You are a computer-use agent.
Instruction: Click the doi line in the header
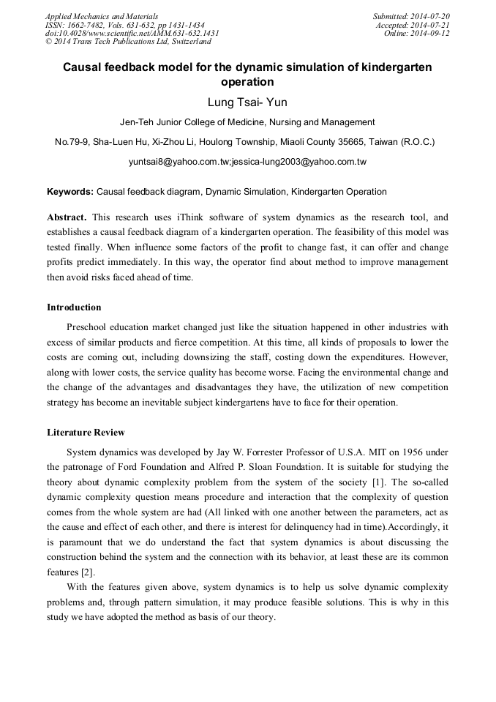tap(132, 34)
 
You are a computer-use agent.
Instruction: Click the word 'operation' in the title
tap(247, 82)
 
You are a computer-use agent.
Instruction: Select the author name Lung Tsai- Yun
tap(247, 102)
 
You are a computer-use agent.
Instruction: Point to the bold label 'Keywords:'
tap(70, 192)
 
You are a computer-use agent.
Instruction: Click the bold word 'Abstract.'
tap(67, 217)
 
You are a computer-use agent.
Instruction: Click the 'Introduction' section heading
tap(74, 307)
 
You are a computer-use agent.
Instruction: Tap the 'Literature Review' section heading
tap(86, 433)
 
